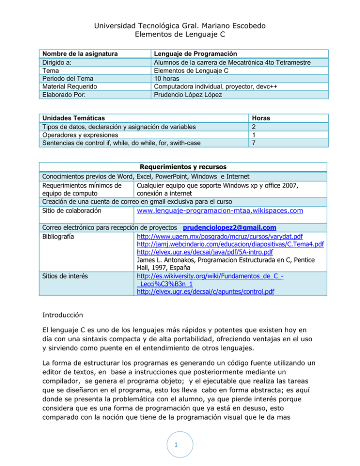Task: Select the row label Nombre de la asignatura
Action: pyautogui.click(x=79, y=54)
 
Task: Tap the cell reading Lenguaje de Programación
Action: pyautogui.click(x=195, y=54)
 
